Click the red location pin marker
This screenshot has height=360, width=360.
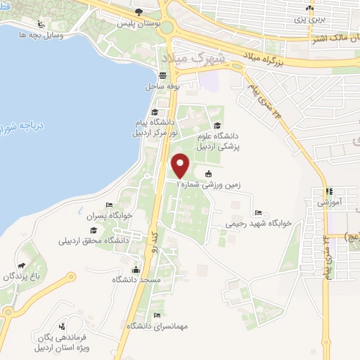[x=181, y=165]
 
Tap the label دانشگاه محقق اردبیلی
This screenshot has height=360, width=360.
[x=93, y=241]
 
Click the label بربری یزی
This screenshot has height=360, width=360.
[x=309, y=19]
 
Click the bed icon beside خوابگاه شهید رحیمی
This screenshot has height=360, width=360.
[x=258, y=212]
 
